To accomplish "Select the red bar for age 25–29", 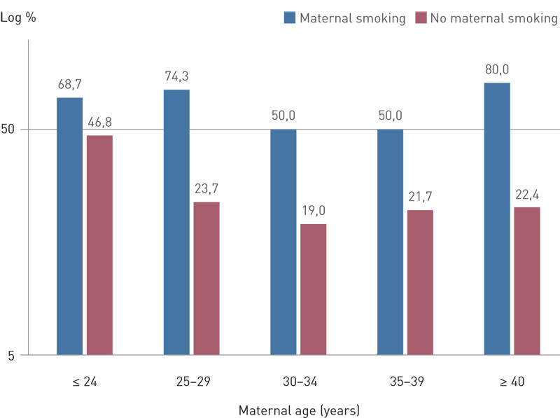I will pyautogui.click(x=206, y=278).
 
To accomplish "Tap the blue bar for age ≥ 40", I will pyautogui.click(x=496, y=218).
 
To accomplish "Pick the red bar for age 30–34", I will pyautogui.click(x=313, y=289).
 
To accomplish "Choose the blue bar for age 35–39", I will pyautogui.click(x=390, y=242).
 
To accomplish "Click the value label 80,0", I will pyautogui.click(x=496, y=69).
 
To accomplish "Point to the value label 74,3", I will pyautogui.click(x=176, y=76).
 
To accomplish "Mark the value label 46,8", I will pyautogui.click(x=99, y=122).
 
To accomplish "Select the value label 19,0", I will pyautogui.click(x=313, y=210).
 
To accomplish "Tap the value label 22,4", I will pyautogui.click(x=526, y=194).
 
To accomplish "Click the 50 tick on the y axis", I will pyautogui.click(x=12, y=130).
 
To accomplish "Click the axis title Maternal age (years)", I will pyautogui.click(x=299, y=408).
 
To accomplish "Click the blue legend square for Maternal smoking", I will pyautogui.click(x=290, y=18).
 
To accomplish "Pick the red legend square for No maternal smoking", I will pyautogui.click(x=422, y=18).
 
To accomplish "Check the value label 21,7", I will pyautogui.click(x=419, y=197).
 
